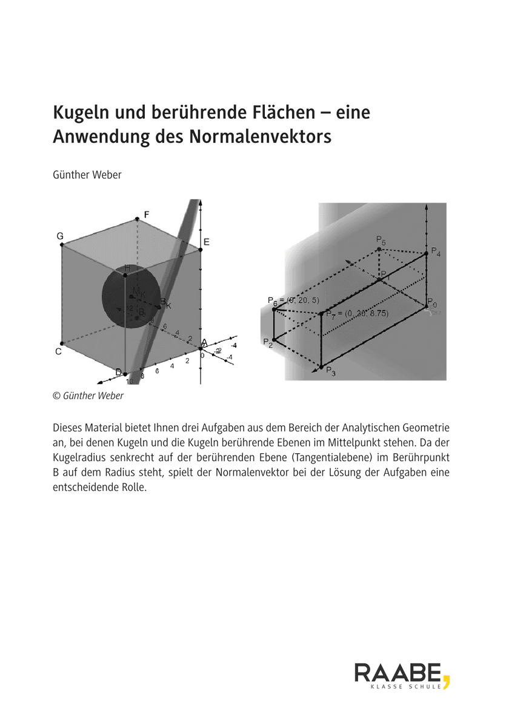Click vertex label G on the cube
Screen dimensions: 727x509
pyautogui.click(x=61, y=236)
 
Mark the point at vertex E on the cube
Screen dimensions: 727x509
pyautogui.click(x=201, y=248)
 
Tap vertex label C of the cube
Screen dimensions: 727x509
pyautogui.click(x=58, y=351)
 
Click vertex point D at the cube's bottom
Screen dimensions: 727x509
pyautogui.click(x=125, y=374)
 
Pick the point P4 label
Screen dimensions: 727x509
pyautogui.click(x=436, y=252)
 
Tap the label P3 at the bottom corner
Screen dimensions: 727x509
pyautogui.click(x=330, y=371)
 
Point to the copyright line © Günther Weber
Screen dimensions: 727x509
pyautogui.click(x=88, y=396)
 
